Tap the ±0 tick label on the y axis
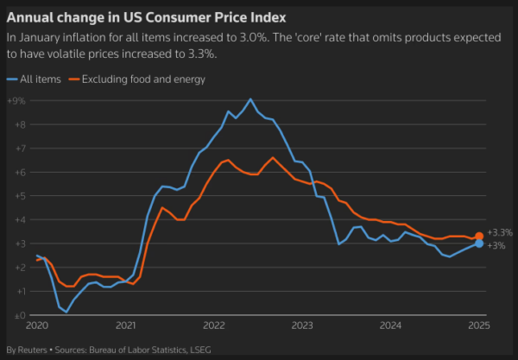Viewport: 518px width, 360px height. pos(15,315)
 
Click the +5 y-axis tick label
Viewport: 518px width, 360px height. pos(15,196)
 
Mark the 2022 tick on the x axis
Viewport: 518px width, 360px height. pos(213,326)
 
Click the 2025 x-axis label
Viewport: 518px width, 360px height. pos(479,326)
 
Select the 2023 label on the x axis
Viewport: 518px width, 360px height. pos(302,326)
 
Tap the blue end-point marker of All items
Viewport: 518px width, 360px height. pos(479,243)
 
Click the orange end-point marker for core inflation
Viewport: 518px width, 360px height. pos(479,236)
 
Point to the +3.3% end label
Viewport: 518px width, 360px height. pos(500,233)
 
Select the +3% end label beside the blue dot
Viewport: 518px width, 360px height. pos(496,246)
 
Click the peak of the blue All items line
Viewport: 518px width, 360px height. pos(250,99)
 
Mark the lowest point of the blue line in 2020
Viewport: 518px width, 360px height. pos(66,312)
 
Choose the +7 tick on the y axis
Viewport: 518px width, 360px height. pos(15,148)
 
